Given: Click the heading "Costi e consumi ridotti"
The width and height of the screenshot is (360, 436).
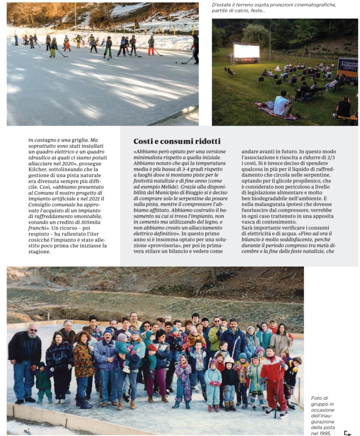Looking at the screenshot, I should tap(177, 141).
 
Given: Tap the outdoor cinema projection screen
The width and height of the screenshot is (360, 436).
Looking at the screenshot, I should tap(246, 51).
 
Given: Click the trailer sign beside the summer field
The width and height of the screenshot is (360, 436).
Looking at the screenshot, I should tap(347, 68).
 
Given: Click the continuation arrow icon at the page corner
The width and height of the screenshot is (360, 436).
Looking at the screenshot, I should tap(348, 433).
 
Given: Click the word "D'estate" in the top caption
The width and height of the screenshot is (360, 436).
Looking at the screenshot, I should tap(221, 5).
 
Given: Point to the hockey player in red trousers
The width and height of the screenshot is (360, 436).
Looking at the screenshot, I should tap(151, 46).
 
